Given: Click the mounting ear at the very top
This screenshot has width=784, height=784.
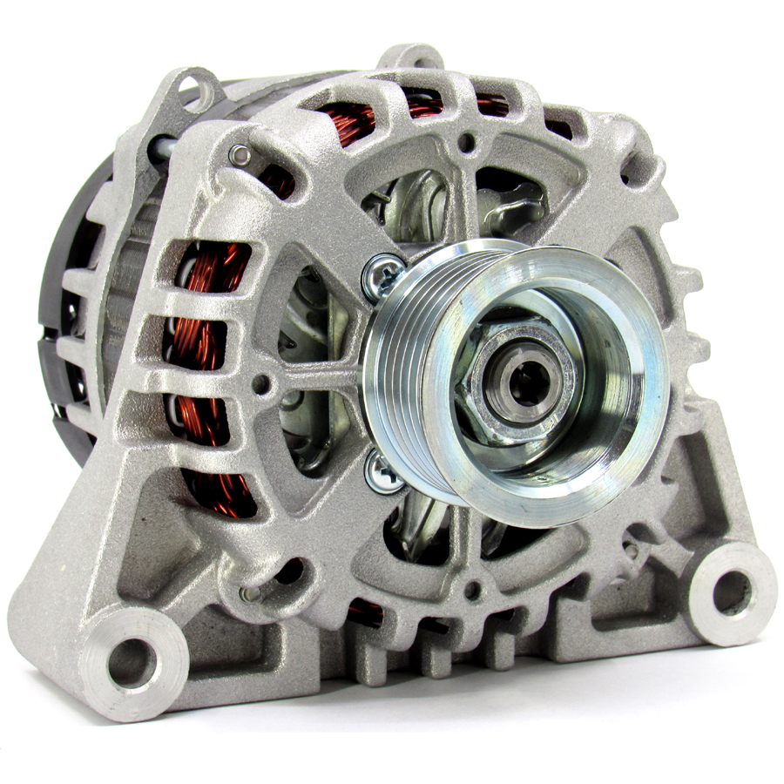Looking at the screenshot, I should pyautogui.click(x=415, y=59).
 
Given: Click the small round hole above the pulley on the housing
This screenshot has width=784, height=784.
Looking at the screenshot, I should pyautogui.click(x=468, y=139).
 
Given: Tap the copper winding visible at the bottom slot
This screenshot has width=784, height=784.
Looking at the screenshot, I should pyautogui.click(x=366, y=612).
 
